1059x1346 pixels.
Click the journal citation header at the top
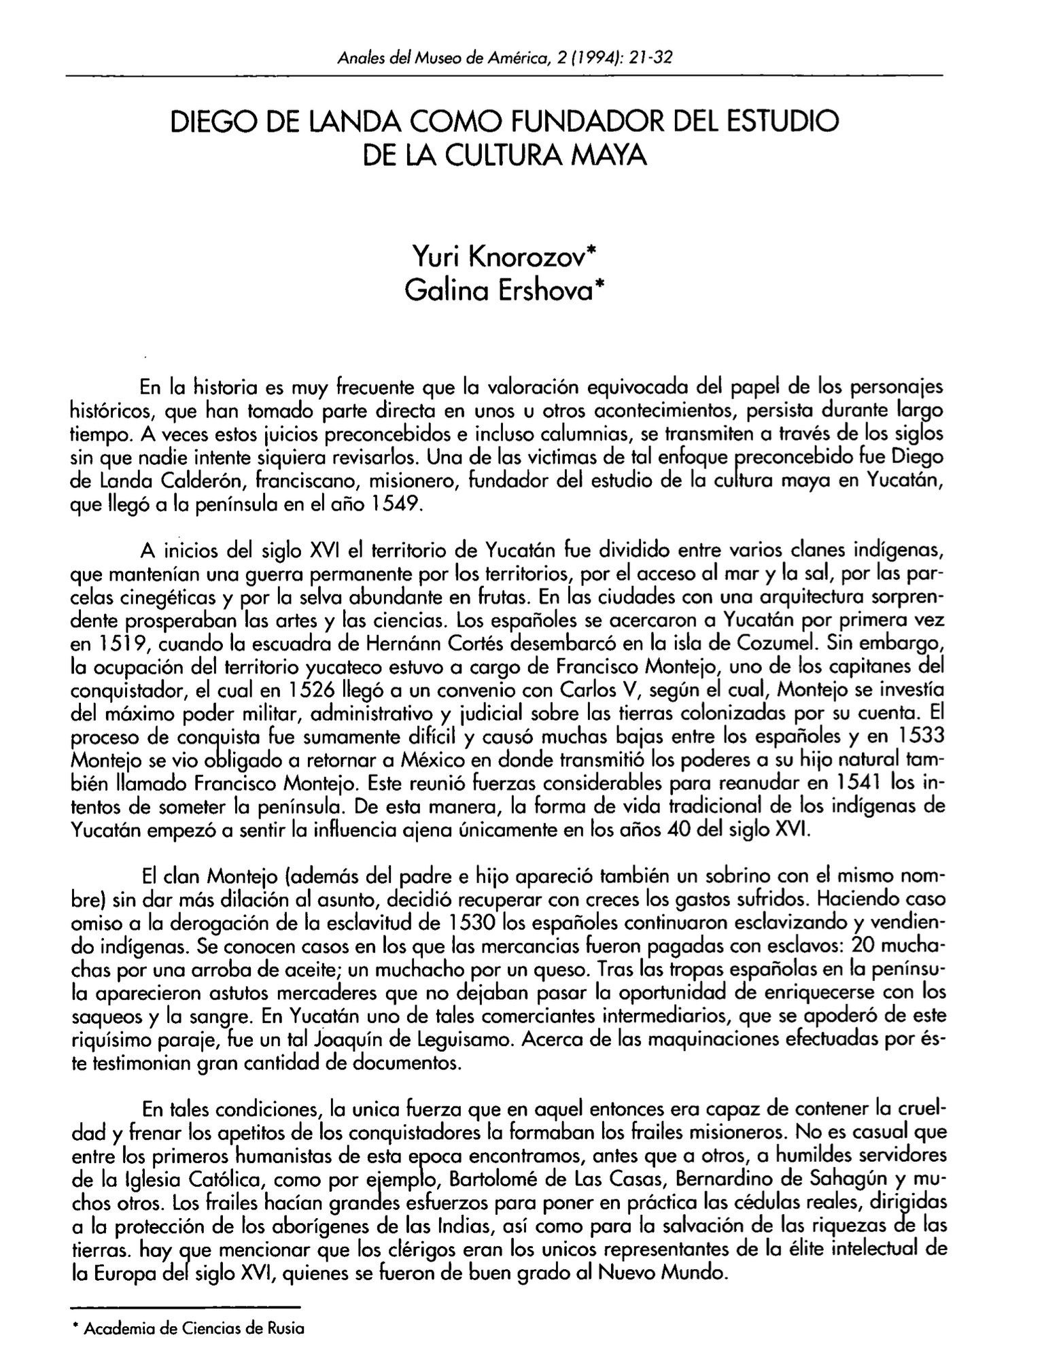click(x=504, y=57)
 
